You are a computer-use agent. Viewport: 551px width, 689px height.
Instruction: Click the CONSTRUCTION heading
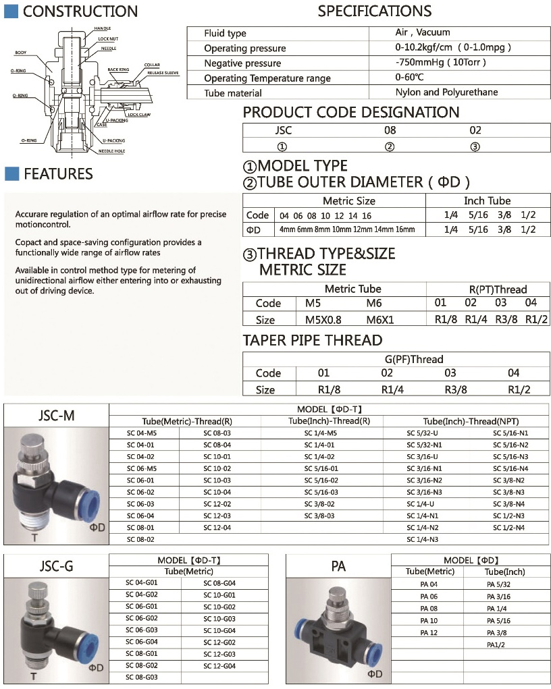point(80,11)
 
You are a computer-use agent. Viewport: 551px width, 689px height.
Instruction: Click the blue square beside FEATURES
point(11,174)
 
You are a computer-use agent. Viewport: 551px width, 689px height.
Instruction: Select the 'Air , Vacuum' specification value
point(422,32)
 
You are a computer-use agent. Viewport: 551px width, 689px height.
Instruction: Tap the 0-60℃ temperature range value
point(409,78)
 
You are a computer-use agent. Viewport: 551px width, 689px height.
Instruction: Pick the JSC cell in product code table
point(284,130)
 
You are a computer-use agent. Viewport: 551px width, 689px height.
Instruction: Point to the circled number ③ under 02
point(475,146)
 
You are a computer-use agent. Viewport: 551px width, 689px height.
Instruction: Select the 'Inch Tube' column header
point(487,200)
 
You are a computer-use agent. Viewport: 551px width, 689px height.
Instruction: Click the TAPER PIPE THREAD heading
point(313,340)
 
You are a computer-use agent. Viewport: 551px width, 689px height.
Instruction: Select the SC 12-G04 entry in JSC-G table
point(219,666)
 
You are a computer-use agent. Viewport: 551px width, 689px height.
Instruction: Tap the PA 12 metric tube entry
point(429,632)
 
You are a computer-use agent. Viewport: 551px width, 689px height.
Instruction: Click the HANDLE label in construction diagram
point(103,28)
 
